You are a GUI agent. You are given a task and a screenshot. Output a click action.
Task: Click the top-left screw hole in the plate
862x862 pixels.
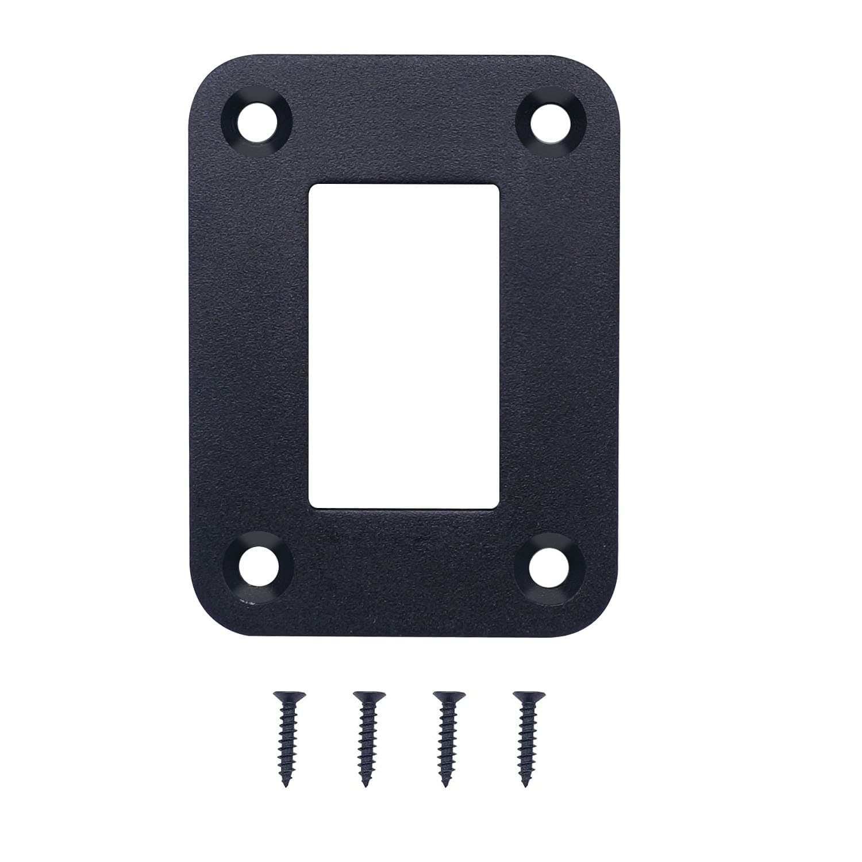tap(257, 122)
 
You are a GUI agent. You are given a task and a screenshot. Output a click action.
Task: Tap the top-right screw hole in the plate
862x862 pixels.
tap(550, 122)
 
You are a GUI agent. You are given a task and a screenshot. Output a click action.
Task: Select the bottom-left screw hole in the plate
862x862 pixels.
tap(257, 568)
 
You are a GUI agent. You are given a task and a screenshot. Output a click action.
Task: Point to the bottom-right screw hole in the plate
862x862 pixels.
tap(550, 568)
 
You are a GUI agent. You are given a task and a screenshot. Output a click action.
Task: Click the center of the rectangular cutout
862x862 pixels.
tap(403, 346)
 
